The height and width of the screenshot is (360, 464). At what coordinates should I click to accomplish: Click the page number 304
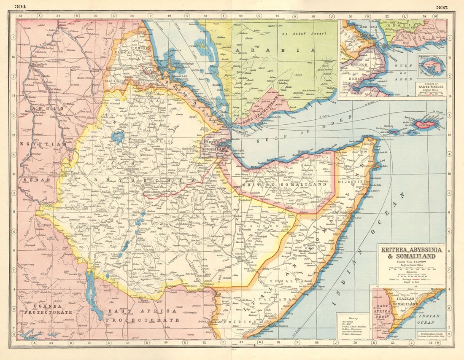pos(20,7)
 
